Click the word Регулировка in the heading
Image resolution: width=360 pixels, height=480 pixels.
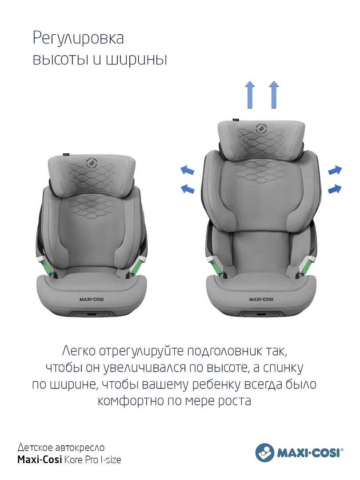coord(78,39)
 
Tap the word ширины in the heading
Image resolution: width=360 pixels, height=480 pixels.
coord(136,60)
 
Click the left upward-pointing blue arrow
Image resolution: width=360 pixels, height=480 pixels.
coord(250,95)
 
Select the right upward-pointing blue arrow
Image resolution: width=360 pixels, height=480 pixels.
coord(274,95)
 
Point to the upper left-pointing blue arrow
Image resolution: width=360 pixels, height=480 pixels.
coord(187,170)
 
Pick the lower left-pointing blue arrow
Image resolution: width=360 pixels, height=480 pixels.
coord(188,188)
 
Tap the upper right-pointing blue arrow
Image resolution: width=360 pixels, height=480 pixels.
coord(335,170)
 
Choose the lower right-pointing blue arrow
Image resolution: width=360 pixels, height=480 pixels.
coord(335,189)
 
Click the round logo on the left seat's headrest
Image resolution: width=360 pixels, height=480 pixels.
coord(92,164)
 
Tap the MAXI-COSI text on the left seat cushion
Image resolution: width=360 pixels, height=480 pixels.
coord(92,300)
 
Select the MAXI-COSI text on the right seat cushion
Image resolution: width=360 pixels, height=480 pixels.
coord(261,300)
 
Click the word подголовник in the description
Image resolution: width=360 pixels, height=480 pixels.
coord(224,351)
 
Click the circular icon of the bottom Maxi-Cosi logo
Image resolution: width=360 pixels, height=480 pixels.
coord(265,452)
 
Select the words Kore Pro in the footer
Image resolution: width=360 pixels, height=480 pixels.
coord(81,460)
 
